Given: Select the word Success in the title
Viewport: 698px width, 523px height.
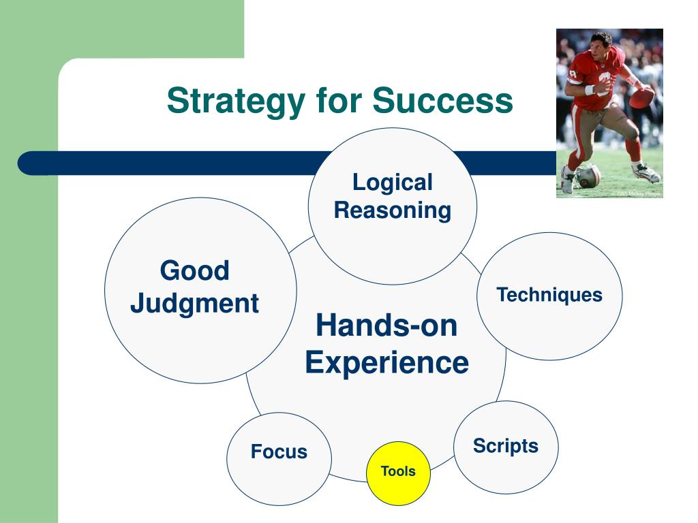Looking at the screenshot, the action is coord(442,101).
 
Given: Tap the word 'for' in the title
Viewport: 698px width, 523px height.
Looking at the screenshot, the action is coord(339,99).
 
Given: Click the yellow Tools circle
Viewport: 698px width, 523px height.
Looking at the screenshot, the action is coord(398,473).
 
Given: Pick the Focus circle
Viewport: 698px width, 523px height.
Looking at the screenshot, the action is coord(279,458).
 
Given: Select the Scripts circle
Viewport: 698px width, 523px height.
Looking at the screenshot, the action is coord(506,447).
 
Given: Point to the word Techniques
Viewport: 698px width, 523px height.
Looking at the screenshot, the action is coord(549,295).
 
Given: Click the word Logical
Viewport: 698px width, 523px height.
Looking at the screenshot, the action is coord(392,183).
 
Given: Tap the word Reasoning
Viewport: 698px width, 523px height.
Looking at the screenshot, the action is coord(392,210).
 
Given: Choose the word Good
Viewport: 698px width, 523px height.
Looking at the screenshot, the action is coord(194,270).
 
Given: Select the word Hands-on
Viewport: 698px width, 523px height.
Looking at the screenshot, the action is coord(386,325).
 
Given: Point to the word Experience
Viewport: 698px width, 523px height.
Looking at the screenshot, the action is coord(387,363).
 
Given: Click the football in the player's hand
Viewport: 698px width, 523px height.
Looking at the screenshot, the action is coord(641,97).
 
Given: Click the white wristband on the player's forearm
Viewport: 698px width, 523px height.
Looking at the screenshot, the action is coord(590,90).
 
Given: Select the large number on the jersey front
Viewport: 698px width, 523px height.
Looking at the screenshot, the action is coord(605,82).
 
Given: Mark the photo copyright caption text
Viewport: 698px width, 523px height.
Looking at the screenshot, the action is coord(637,194).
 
